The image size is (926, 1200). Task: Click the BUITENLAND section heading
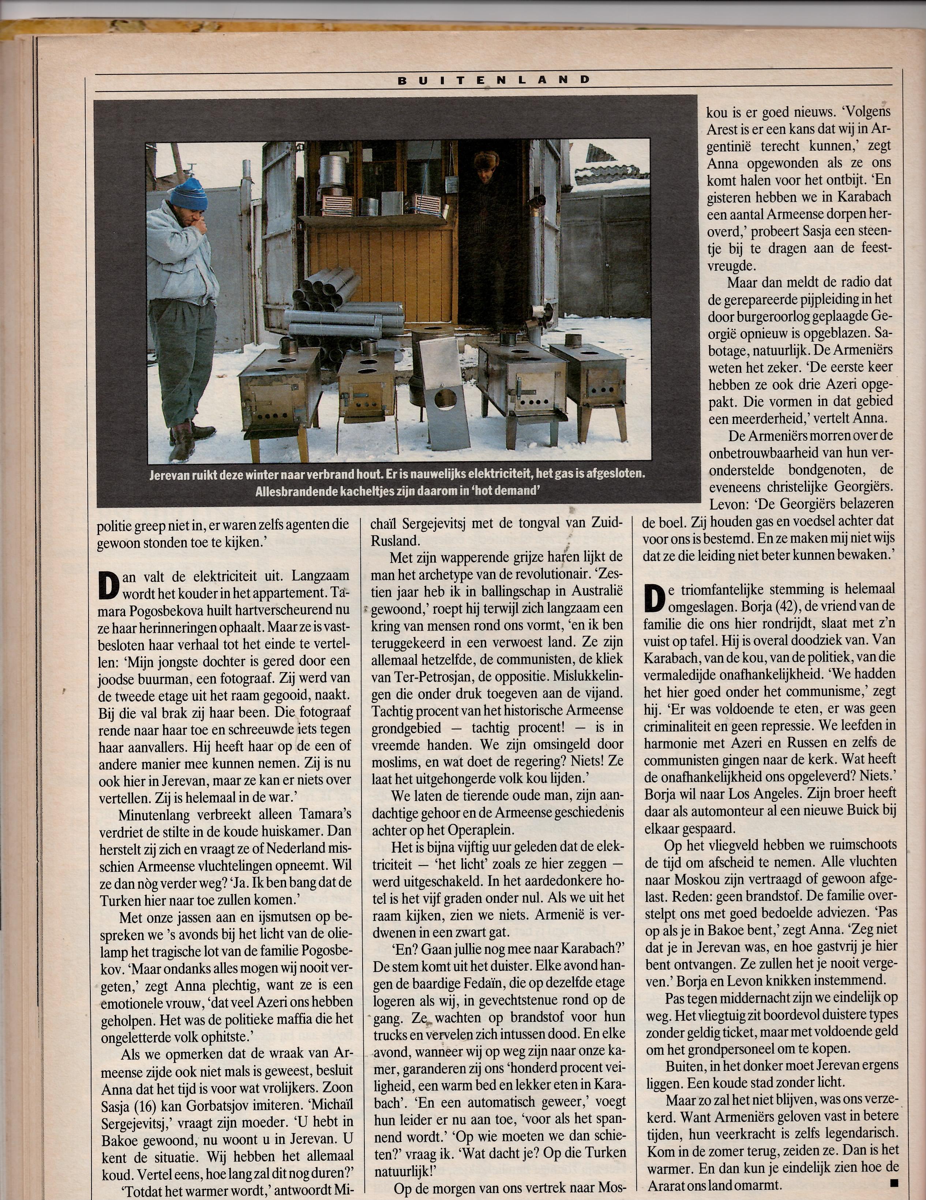[494, 80]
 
